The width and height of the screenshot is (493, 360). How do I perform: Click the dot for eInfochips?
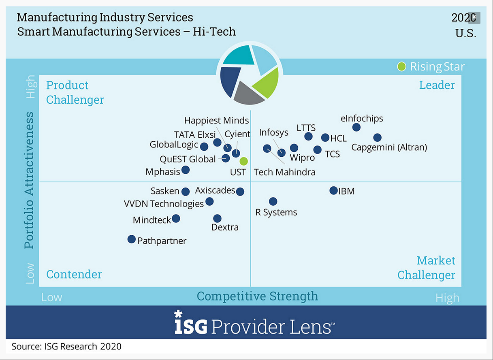pyautogui.click(x=356, y=127)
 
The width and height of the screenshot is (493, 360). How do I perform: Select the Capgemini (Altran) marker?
pyautogui.click(x=377, y=138)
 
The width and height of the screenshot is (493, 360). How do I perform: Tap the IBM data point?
pyautogui.click(x=333, y=190)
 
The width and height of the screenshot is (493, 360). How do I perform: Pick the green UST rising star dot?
pyautogui.click(x=243, y=161)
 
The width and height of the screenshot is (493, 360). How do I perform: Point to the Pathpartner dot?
pyautogui.click(x=131, y=239)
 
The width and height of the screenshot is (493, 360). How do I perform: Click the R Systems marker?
pyautogui.click(x=273, y=201)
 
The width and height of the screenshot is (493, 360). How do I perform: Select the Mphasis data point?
pyautogui.click(x=185, y=170)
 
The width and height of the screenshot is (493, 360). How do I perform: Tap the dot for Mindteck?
pyautogui.click(x=176, y=219)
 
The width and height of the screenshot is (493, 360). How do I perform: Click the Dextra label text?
pyautogui.click(x=225, y=228)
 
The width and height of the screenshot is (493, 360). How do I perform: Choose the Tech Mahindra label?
pyautogui.click(x=284, y=172)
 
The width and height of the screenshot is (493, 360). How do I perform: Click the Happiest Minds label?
pyautogui.click(x=216, y=120)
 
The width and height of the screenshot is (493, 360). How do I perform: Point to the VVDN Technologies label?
pyautogui.click(x=164, y=204)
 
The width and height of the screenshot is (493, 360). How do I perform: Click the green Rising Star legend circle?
pyautogui.click(x=401, y=66)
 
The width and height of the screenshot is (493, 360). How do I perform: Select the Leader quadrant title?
pyautogui.click(x=437, y=85)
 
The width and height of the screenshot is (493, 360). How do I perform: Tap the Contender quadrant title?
pyautogui.click(x=74, y=274)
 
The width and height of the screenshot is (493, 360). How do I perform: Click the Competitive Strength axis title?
pyautogui.click(x=257, y=296)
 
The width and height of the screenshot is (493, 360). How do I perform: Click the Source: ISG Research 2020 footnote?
pyautogui.click(x=66, y=347)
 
